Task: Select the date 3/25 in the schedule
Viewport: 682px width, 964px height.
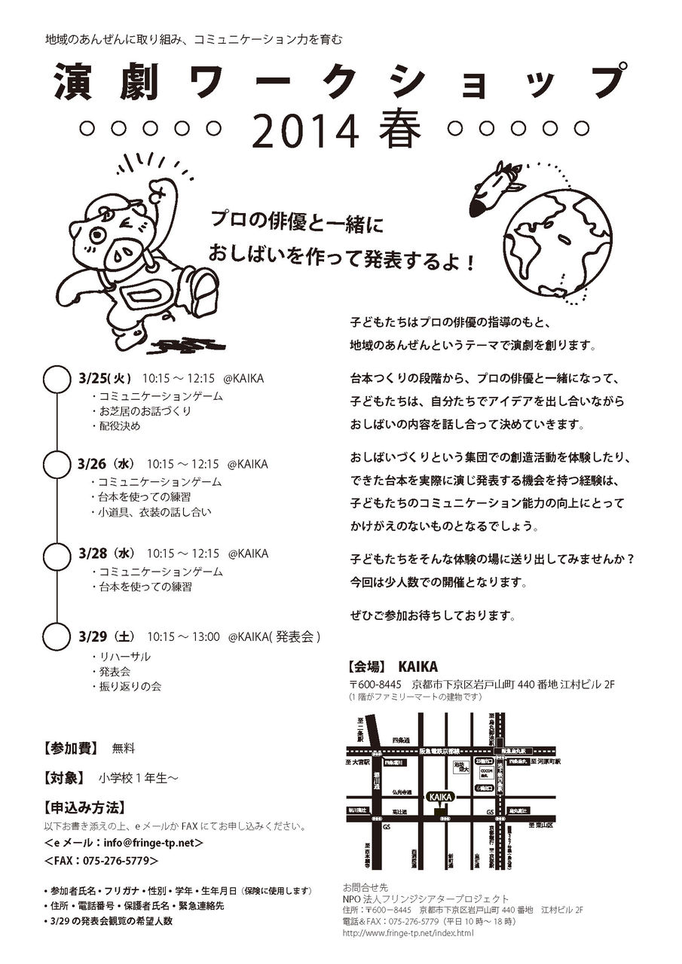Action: tap(93, 379)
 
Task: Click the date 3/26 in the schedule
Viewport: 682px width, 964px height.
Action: tap(93, 464)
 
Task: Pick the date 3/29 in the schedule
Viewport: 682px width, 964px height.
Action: tap(93, 636)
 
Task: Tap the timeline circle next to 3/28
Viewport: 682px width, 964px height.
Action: tap(57, 558)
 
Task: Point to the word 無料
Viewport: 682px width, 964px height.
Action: tap(123, 749)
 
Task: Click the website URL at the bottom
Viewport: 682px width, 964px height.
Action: tap(408, 933)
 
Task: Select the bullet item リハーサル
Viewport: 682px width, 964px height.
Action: tap(125, 657)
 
